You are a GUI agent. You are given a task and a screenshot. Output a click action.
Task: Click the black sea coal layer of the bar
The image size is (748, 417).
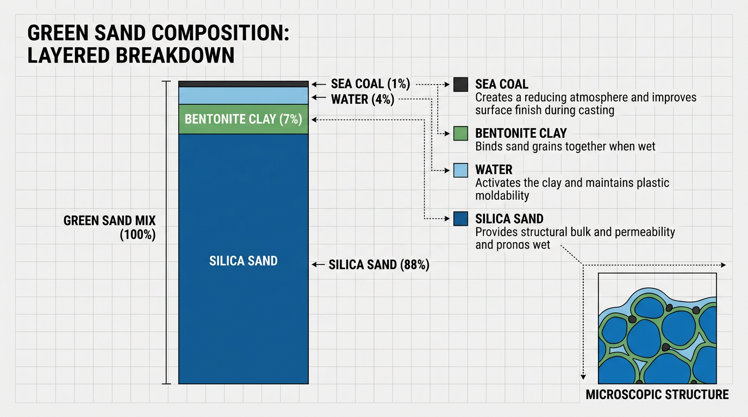(x=243, y=84)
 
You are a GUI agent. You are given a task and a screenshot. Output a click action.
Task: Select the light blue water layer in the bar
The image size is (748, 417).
(x=243, y=96)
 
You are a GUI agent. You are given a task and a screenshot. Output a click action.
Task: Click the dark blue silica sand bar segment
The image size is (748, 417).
(x=243, y=315)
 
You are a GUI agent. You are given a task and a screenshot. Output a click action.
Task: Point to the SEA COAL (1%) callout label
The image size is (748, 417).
(x=370, y=84)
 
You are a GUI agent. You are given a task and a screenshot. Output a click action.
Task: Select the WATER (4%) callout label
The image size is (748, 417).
(x=363, y=99)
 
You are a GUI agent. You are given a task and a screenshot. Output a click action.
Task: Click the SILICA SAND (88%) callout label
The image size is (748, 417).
(x=379, y=265)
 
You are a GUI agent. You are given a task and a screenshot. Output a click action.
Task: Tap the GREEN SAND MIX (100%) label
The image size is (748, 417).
(x=110, y=228)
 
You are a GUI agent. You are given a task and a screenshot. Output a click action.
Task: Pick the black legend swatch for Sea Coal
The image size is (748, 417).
(x=460, y=84)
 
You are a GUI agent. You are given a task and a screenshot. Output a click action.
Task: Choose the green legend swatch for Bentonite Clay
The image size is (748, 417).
(x=460, y=134)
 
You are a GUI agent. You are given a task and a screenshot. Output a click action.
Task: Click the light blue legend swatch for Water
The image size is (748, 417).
(x=460, y=170)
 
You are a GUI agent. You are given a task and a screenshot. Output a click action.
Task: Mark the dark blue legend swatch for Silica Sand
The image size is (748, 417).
(x=460, y=219)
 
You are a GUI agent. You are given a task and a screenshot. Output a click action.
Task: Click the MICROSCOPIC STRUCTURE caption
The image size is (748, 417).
(x=657, y=395)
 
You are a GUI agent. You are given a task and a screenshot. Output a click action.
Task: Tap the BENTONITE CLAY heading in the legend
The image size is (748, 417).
(x=521, y=133)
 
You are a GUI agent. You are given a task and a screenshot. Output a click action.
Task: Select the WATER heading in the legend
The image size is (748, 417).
(x=494, y=169)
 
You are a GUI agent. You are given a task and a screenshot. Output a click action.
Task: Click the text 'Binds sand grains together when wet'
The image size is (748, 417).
(x=565, y=147)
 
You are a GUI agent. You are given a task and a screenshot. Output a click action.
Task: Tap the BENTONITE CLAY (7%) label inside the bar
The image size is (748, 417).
(x=243, y=119)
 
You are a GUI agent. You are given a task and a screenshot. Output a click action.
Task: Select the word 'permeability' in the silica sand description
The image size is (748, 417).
(x=645, y=232)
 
